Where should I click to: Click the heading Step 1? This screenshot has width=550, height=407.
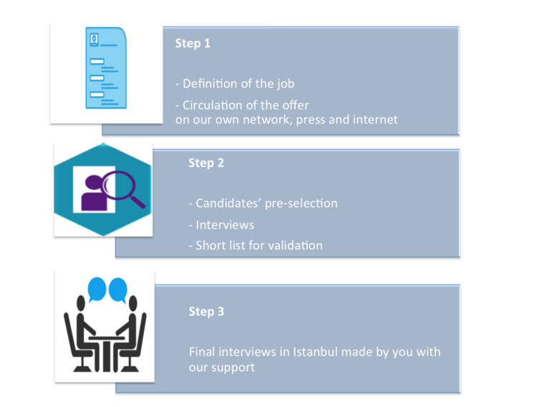point(193,44)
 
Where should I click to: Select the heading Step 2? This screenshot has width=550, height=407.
point(206,163)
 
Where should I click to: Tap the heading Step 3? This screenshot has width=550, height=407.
point(206,312)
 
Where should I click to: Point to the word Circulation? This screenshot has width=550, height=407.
point(213,105)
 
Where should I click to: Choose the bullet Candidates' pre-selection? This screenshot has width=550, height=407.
point(263,203)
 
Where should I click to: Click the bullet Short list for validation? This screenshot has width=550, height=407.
point(256,246)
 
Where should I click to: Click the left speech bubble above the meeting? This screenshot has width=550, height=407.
point(96,288)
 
